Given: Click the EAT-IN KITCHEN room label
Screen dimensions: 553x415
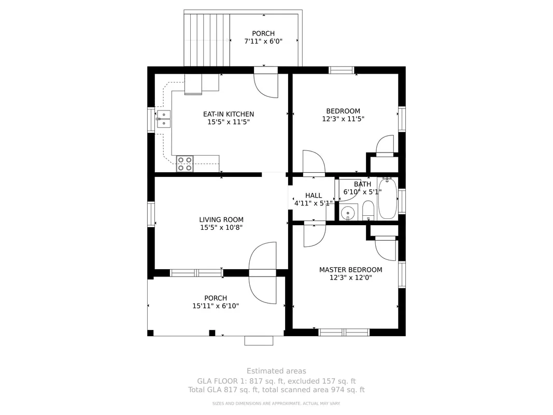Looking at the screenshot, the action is point(229,114).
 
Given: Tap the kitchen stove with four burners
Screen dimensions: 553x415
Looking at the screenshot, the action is point(185,164).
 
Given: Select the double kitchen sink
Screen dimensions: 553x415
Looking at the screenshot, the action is point(164,119).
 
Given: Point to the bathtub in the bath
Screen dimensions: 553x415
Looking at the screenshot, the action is point(387,199).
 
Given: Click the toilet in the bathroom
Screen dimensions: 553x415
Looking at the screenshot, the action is point(368,210).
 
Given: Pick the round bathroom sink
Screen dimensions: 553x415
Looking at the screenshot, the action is point(348,213).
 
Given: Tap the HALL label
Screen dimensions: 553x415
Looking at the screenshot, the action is point(314,196).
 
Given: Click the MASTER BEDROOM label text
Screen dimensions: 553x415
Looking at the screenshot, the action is point(350,270).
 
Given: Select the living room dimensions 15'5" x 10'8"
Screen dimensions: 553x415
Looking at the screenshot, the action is point(221,228).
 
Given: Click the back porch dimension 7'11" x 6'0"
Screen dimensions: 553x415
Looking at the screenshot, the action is point(263,41).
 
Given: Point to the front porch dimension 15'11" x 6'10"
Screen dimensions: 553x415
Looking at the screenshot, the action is point(216,306).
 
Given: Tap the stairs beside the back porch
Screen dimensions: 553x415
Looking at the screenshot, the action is point(207,40).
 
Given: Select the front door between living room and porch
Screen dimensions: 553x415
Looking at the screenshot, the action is point(262,273).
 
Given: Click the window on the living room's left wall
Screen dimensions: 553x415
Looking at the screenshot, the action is point(151,214).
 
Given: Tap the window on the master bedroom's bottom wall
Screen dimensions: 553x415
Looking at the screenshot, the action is point(344,333).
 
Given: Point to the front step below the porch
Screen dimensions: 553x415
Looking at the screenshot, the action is point(259,340).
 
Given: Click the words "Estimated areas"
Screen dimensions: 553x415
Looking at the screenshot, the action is point(276,371).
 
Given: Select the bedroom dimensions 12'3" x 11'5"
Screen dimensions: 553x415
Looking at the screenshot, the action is point(343,119).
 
